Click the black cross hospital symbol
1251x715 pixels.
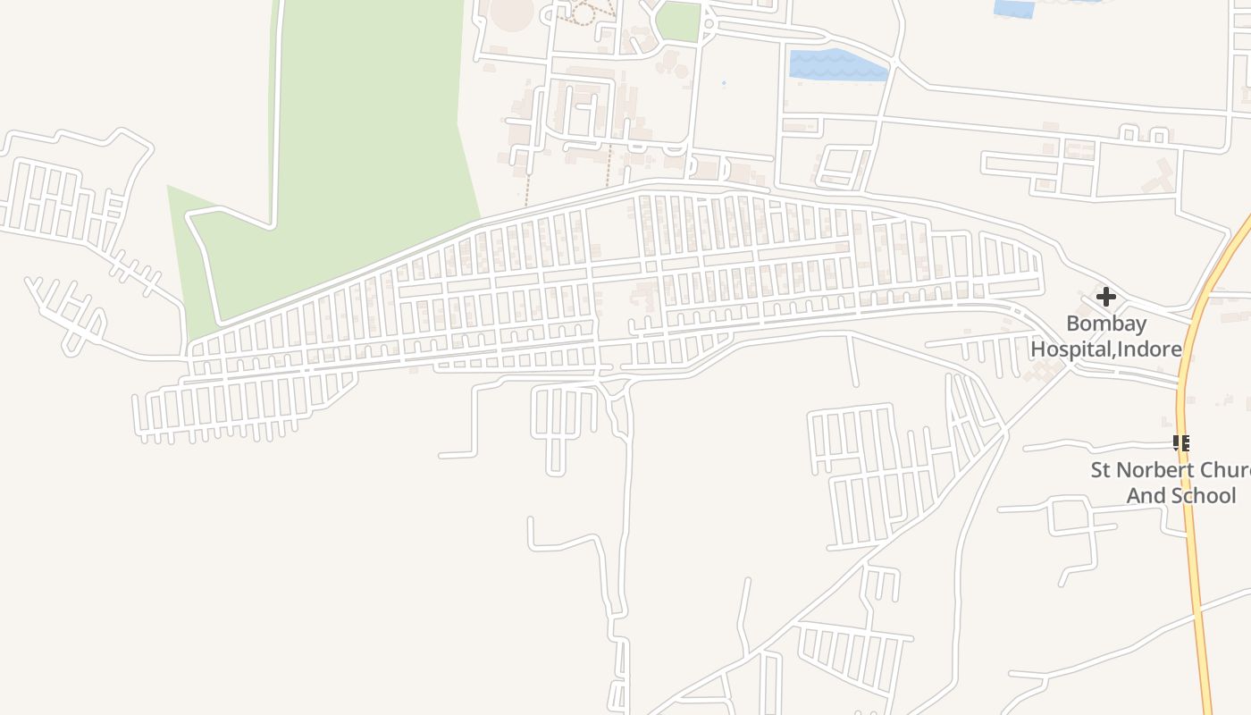coord(1106,297)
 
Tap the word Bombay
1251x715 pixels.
coord(1106,324)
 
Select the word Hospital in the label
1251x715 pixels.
coord(1071,349)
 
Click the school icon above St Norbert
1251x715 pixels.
coord(1181,443)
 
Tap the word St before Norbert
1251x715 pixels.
coord(1102,470)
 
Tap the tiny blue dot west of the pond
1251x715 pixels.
coord(724,83)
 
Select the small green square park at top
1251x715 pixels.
coord(679,21)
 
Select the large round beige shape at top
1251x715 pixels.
coord(512,13)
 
